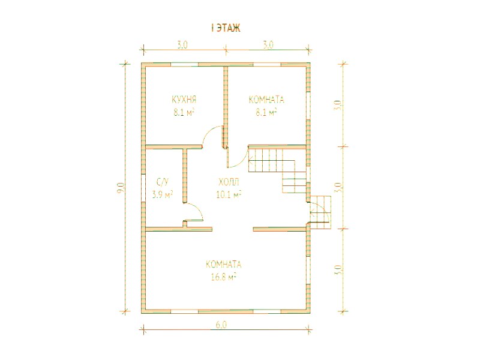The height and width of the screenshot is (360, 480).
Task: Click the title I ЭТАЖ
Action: coord(226,28)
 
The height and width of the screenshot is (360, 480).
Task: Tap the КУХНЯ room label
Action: coord(184,100)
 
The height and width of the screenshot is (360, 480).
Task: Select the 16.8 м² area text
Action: coord(224,277)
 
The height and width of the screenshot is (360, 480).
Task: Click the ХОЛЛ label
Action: coord(229,182)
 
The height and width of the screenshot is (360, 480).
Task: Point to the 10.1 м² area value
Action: coord(229,194)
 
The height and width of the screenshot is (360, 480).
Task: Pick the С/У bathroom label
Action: coord(163,183)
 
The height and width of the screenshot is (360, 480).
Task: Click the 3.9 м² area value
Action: coord(163,194)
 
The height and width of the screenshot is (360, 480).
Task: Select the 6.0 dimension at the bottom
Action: coord(221,325)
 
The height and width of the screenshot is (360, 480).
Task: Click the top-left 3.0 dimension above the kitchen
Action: coord(182,45)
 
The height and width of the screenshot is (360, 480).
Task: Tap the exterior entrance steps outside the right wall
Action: coord(321,212)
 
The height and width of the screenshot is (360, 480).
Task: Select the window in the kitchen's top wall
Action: coord(185,65)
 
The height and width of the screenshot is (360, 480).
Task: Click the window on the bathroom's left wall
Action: coord(143,188)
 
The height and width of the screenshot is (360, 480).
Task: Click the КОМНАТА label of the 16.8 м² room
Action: coord(224,265)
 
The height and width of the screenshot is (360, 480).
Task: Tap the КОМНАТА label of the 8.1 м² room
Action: coord(266,100)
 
